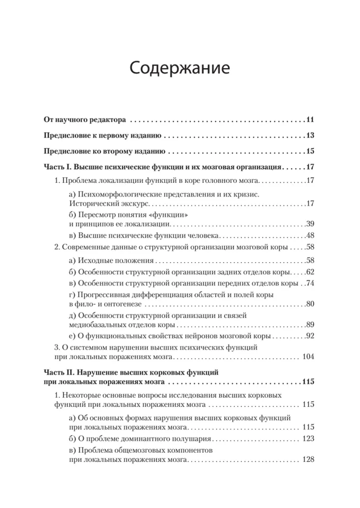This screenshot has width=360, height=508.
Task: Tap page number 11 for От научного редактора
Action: tap(311, 120)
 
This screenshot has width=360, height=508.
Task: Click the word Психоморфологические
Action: tap(117, 195)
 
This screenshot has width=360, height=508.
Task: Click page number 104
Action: tap(309, 357)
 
